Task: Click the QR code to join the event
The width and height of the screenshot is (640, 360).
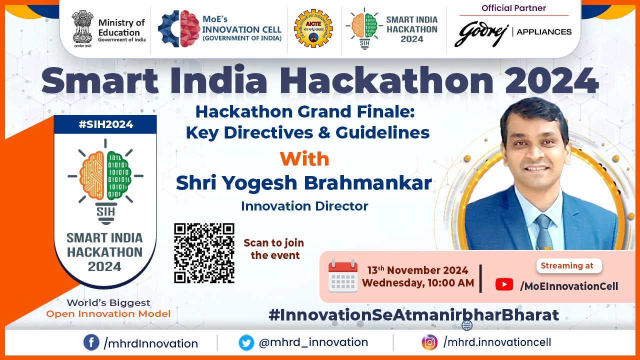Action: coord(204,253)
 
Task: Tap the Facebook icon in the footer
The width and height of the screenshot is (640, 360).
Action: coord(91,343)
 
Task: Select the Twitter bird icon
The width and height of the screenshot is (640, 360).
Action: coord(246,343)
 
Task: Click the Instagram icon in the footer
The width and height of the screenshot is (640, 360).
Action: coord(429,342)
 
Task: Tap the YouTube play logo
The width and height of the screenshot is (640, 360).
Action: coord(504,285)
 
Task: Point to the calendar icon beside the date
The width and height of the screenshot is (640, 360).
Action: coord(343,276)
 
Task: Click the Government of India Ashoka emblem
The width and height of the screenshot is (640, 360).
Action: coord(82,29)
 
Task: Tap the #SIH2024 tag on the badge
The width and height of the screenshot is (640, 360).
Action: coord(105,124)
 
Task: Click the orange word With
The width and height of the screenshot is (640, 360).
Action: coord(304,159)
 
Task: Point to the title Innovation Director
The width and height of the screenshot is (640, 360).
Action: coord(304,206)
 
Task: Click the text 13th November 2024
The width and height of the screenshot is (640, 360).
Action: coord(417,270)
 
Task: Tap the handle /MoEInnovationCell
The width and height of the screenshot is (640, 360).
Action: coord(569,286)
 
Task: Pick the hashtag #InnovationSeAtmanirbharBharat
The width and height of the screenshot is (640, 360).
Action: coord(413,315)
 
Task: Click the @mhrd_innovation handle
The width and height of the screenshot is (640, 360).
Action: coord(313,342)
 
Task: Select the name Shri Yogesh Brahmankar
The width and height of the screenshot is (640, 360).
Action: coord(304,183)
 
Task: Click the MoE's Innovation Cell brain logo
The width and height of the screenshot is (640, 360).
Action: coord(179,29)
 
